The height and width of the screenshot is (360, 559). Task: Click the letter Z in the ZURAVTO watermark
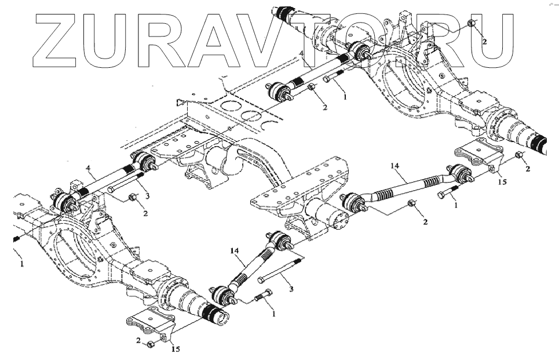(59, 38)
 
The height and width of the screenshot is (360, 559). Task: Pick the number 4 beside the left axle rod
(89, 169)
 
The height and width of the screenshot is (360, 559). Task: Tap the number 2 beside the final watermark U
(484, 42)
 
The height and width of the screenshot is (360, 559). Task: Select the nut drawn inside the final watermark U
(472, 24)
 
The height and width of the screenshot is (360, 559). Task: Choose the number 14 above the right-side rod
(394, 166)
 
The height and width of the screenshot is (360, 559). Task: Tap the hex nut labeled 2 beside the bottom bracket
(150, 344)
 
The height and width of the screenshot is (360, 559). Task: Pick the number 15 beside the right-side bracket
(502, 181)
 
